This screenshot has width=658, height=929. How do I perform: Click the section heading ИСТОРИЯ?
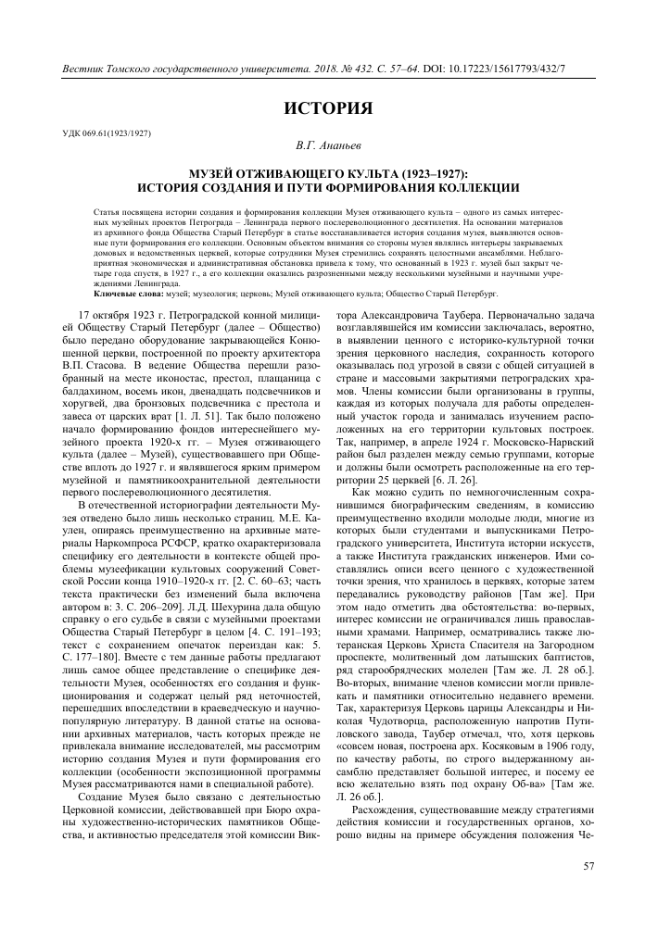point(328,108)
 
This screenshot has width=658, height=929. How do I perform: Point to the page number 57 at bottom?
point(588,866)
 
